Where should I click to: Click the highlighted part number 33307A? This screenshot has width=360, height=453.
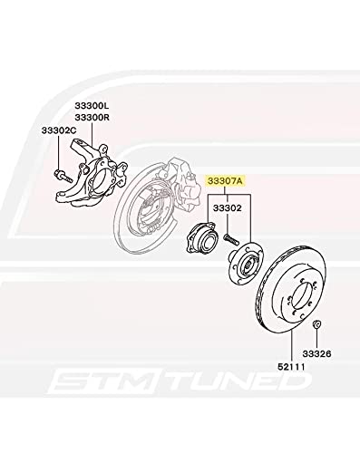pyautogui.click(x=226, y=181)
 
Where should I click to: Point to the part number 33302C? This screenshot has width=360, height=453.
pyautogui.click(x=57, y=132)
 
